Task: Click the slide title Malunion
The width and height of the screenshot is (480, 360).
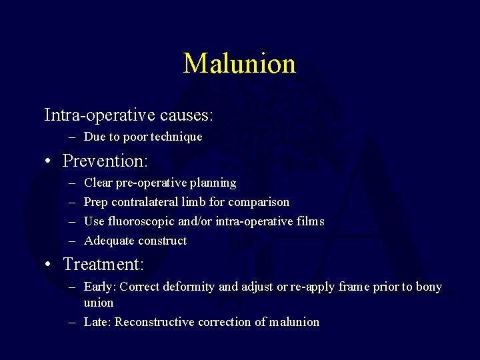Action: [239, 63]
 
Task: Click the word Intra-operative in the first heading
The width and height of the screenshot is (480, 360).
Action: [100, 115]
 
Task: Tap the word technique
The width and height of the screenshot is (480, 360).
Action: [176, 137]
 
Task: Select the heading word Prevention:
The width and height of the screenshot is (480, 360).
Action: [105, 161]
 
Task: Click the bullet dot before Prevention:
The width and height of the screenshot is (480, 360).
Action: [49, 161]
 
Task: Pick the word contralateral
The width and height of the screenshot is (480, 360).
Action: [150, 202]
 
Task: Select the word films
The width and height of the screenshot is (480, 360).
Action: [309, 221]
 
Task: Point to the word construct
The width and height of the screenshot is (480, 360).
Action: [163, 241]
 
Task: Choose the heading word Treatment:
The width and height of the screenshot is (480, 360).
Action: [103, 264]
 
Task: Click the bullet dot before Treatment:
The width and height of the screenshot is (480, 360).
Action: [49, 265]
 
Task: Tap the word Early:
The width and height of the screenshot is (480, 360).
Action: [99, 287]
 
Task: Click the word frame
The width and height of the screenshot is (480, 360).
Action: [360, 287]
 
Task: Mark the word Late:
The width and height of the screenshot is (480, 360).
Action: [97, 322]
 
